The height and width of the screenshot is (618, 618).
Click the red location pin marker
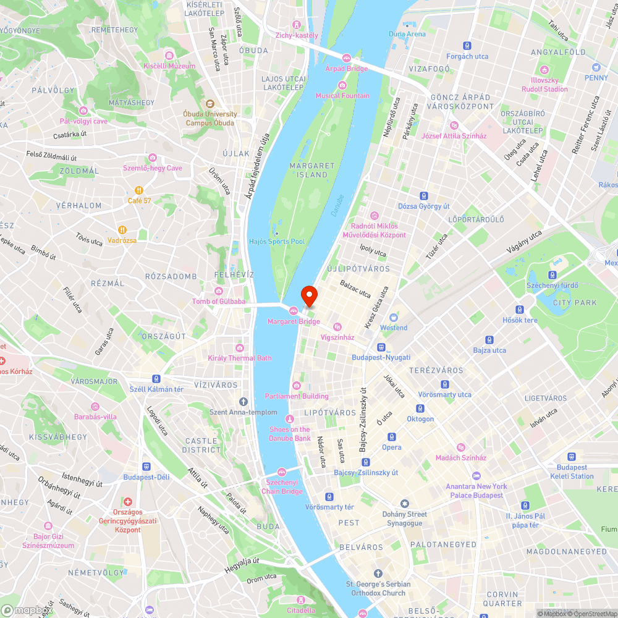[308, 296]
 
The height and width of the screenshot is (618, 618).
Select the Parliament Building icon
[297, 386]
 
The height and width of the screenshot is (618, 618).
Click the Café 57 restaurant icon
[140, 190]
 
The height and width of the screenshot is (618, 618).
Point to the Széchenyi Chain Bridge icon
[282, 472]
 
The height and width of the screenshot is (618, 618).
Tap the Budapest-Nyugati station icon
[381, 347]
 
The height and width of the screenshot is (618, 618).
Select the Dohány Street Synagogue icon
[405, 504]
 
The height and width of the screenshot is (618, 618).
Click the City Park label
[575, 302]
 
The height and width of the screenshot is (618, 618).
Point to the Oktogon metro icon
[420, 408]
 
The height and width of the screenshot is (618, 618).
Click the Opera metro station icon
[391, 437]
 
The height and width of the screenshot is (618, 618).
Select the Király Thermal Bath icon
[240, 348]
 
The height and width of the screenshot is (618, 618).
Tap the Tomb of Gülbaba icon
[218, 291]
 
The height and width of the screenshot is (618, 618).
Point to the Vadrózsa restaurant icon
[122, 230]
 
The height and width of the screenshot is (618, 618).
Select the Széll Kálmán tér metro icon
[156, 379]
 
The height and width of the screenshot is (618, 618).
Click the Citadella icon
[301, 600]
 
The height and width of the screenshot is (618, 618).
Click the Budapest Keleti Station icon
[572, 457]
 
